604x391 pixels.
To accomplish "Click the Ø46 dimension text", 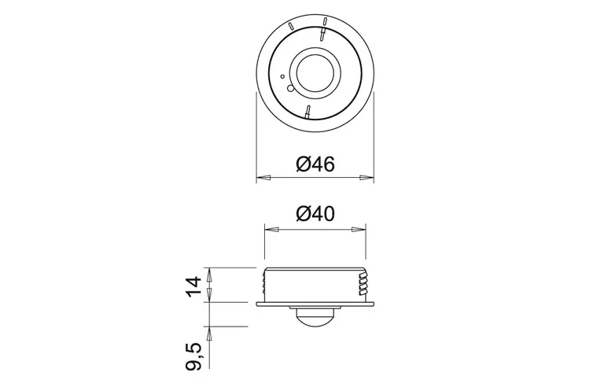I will pyautogui.click(x=315, y=164).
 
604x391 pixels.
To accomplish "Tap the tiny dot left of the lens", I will pyautogui.click(x=282, y=76).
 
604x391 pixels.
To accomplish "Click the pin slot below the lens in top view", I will pyautogui.click(x=308, y=111).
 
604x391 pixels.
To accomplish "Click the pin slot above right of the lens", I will pyautogui.click(x=322, y=34).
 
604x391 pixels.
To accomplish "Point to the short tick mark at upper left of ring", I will pyautogui.click(x=293, y=26).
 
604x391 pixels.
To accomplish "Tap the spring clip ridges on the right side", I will pyautogui.click(x=365, y=284).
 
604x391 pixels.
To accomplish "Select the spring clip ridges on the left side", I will pyautogui.click(x=264, y=284).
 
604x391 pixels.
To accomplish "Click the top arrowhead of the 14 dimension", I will pyautogui.click(x=209, y=272).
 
